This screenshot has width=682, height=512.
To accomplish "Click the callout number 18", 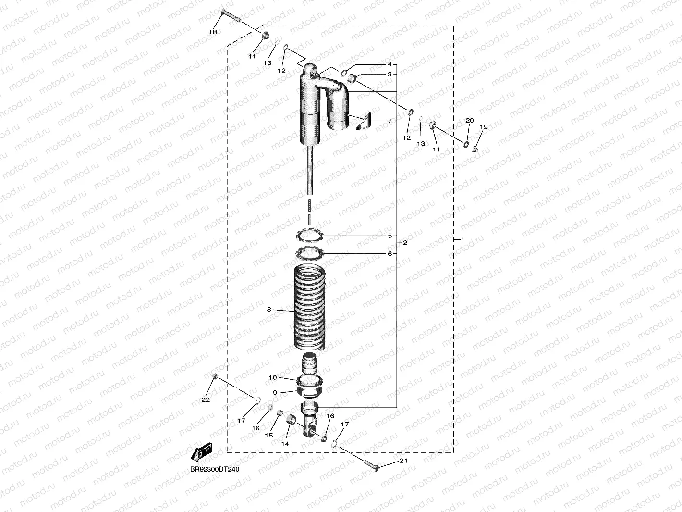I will tap(213, 32).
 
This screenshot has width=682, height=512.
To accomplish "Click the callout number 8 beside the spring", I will tap(269, 310).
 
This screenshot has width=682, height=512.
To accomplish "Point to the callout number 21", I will tap(403, 461).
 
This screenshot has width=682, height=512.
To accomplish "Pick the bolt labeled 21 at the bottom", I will tap(372, 465).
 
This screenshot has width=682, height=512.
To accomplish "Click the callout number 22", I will tap(206, 400).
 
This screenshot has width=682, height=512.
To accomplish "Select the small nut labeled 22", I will tap(215, 375).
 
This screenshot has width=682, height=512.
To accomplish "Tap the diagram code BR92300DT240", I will tap(214, 469).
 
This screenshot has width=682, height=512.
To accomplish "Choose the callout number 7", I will tap(390, 121).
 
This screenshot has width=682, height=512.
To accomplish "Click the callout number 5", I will tap(390, 236).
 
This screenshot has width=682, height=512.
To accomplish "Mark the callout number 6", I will tap(390, 254).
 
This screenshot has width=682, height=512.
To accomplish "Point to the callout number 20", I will tap(470, 121).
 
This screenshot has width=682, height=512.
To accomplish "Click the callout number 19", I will tap(484, 127).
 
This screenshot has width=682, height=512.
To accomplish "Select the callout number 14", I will tap(285, 444).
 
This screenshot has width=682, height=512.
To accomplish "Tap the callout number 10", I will tap(273, 378).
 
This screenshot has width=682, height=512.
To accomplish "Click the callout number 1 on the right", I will tap(463, 239).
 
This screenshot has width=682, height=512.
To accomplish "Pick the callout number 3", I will tap(390, 75).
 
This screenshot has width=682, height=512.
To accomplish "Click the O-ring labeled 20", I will tap(466, 144).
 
